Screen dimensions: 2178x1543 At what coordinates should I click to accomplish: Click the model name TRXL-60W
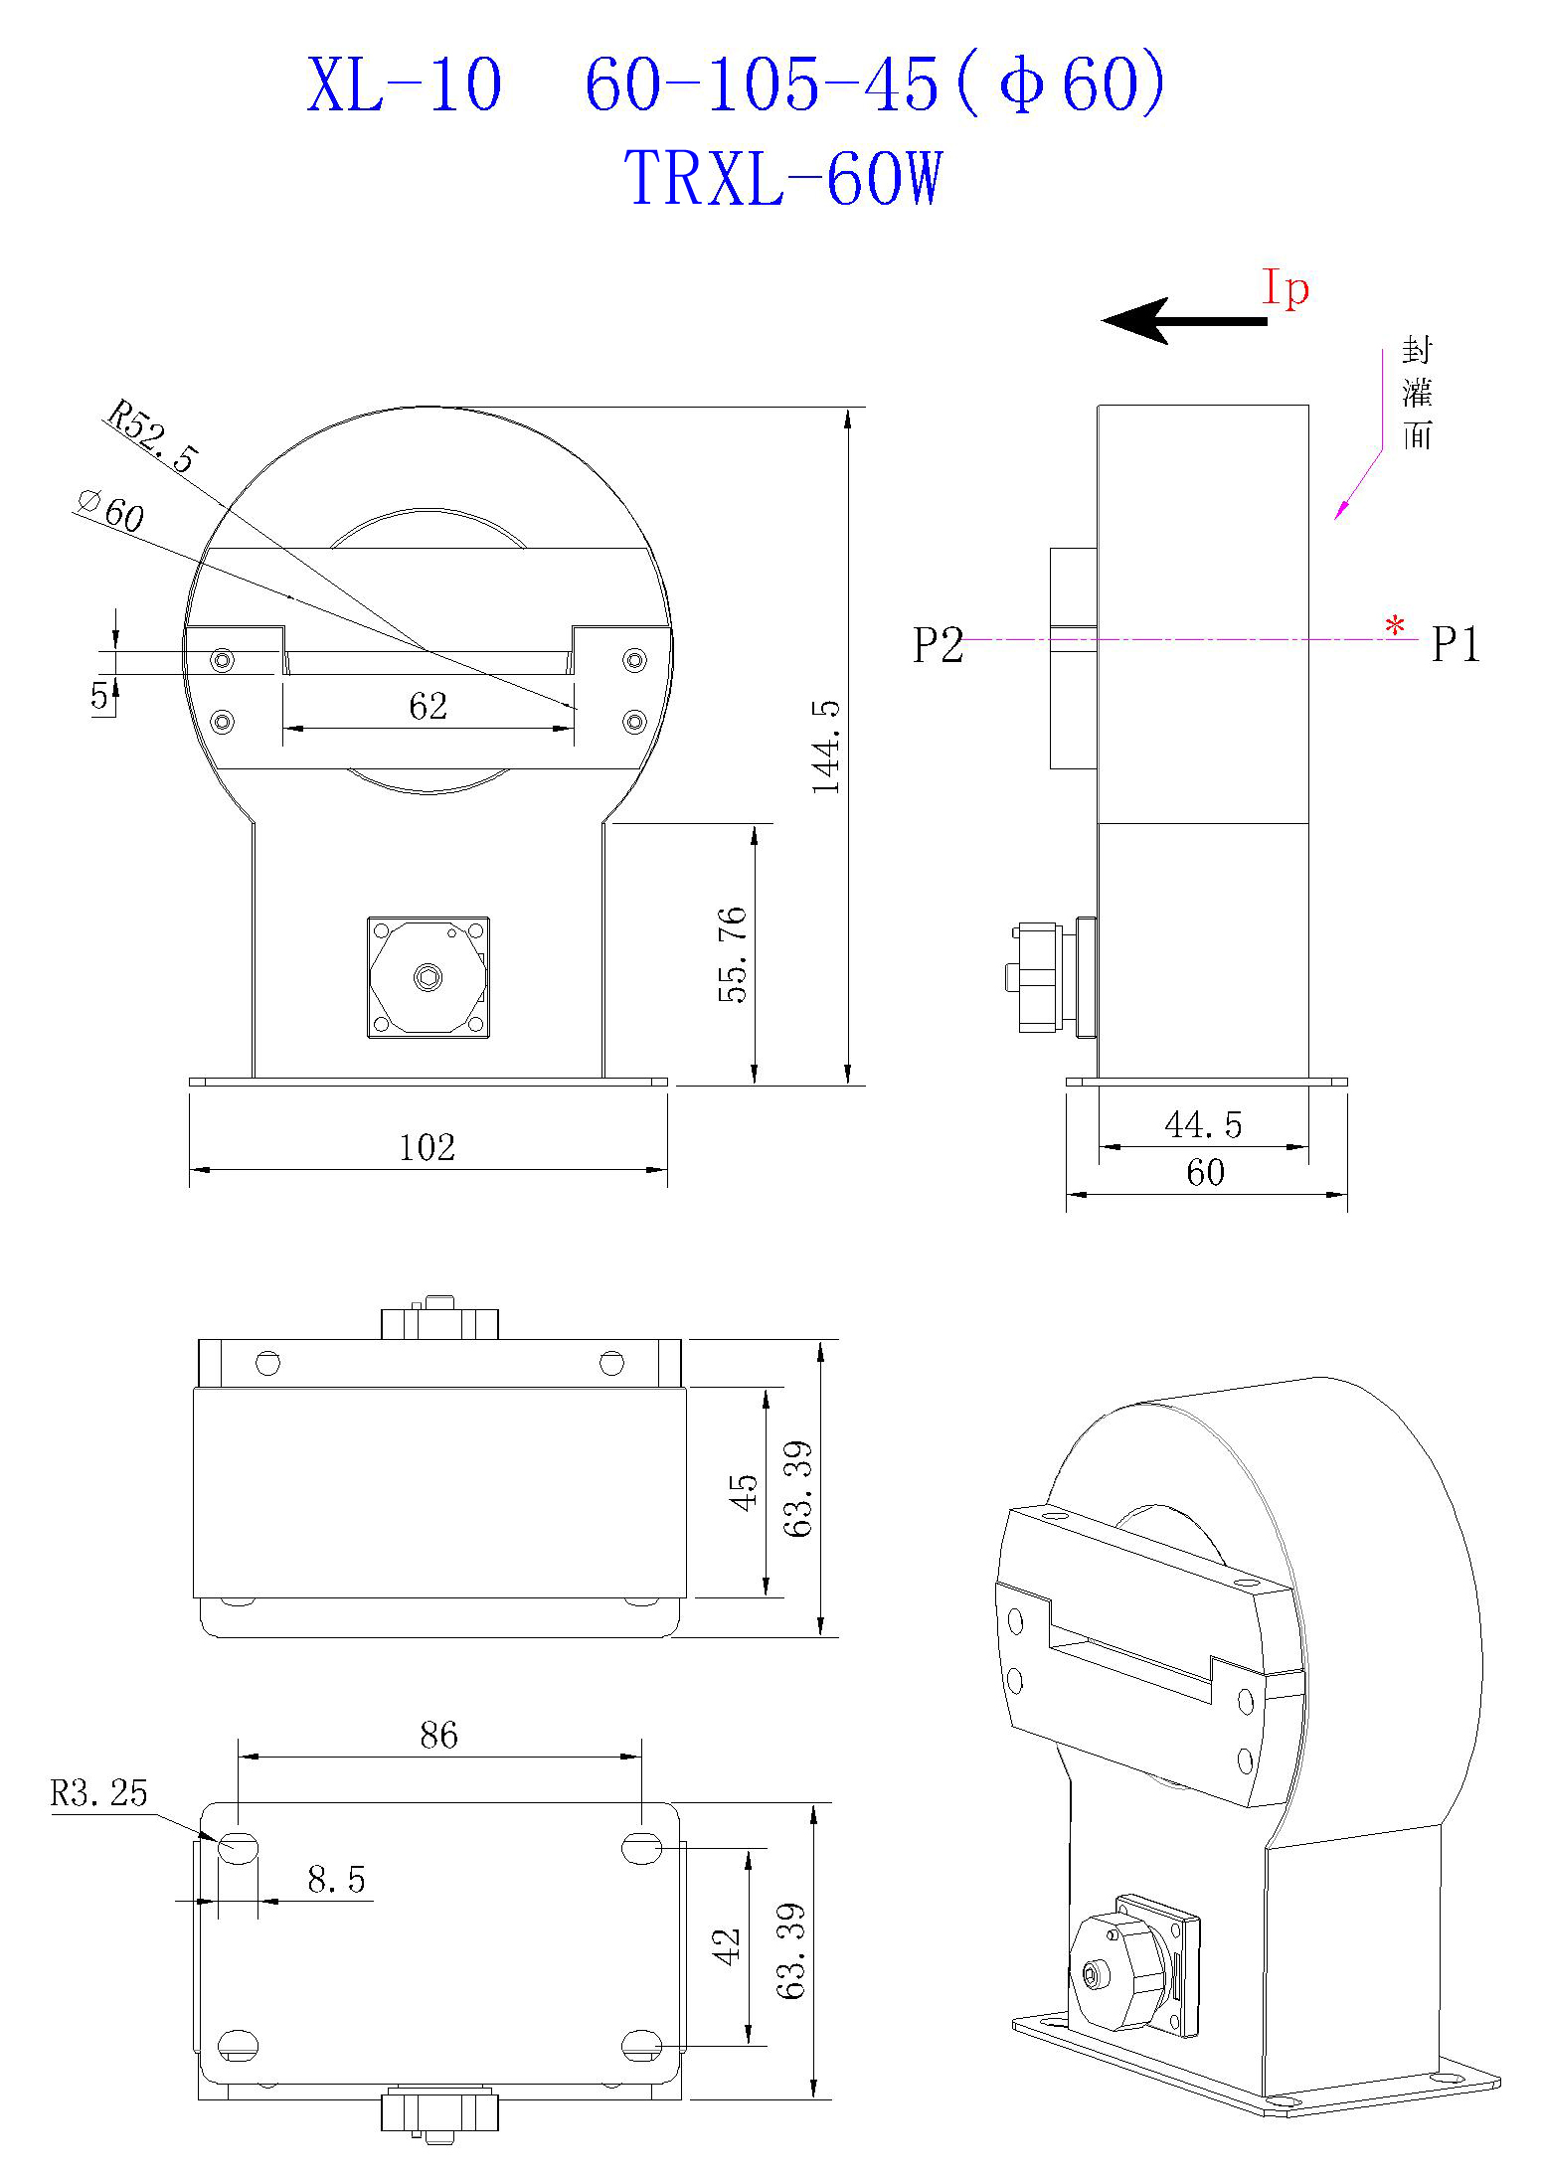click(783, 179)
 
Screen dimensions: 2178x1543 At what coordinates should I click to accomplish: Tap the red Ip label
click(1286, 289)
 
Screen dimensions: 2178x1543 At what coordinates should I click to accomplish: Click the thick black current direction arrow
click(1183, 321)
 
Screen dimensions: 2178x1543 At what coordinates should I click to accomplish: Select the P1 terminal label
click(1456, 646)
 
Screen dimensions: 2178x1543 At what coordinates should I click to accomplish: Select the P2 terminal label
click(938, 646)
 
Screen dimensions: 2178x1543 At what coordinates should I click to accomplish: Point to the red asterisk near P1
click(1396, 627)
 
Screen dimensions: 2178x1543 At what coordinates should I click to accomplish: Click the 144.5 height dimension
click(827, 746)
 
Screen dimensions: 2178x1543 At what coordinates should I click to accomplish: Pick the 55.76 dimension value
click(733, 954)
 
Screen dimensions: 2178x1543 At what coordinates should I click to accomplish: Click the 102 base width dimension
click(427, 1148)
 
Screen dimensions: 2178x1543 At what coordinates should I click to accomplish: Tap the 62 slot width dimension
click(429, 707)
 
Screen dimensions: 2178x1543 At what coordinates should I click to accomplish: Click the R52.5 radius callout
click(152, 435)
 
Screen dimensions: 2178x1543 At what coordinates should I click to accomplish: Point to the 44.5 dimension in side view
click(1203, 1125)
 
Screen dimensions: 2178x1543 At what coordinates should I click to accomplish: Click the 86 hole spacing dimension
click(438, 1736)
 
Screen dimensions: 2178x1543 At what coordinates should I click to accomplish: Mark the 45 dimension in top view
click(745, 1492)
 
